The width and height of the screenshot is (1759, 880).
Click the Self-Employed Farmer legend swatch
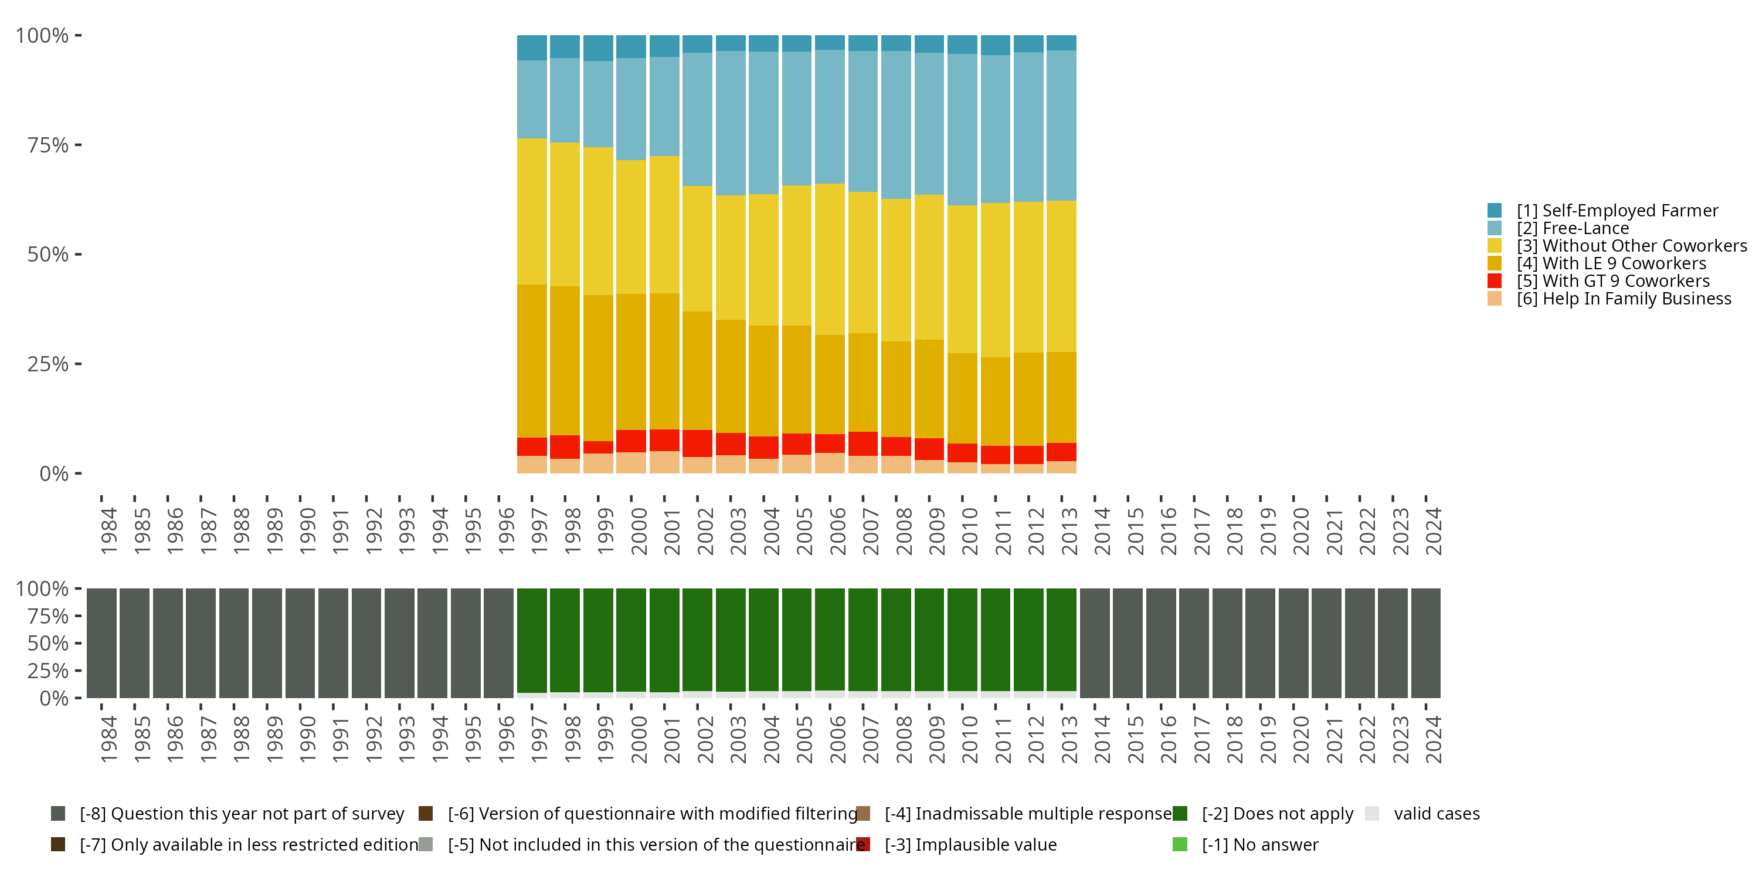[x=1494, y=211]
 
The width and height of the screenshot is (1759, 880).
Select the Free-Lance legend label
[x=1573, y=228]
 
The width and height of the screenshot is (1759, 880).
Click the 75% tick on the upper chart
[x=48, y=145]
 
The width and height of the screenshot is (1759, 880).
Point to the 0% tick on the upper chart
[x=54, y=473]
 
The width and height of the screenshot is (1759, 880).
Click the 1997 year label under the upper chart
[x=539, y=531]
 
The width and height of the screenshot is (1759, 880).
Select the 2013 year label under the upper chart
[x=1069, y=531]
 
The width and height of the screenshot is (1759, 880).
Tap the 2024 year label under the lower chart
[x=1433, y=739]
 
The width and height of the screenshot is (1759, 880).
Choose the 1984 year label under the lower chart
[x=108, y=739]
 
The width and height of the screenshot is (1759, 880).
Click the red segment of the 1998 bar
[x=565, y=447]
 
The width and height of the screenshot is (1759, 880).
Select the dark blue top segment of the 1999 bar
[x=598, y=48]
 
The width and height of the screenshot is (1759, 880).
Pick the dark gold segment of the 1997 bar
[x=532, y=361]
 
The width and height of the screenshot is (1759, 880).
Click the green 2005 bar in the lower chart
[x=796, y=639]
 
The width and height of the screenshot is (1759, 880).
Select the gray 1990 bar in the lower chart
[x=300, y=643]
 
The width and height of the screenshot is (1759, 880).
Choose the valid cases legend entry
[x=1436, y=814]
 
